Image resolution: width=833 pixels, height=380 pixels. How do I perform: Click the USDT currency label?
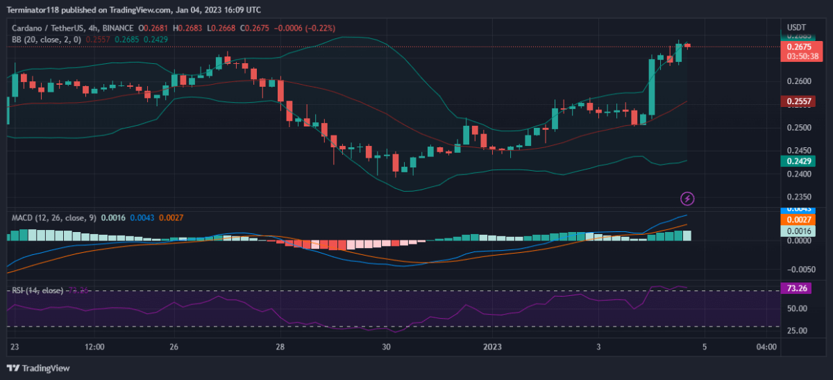[x=795, y=28]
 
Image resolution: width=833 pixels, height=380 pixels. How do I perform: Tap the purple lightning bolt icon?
[x=687, y=199]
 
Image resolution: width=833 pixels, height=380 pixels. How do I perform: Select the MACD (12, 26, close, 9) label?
[x=54, y=218]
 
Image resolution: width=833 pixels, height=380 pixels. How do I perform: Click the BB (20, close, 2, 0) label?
[x=47, y=40]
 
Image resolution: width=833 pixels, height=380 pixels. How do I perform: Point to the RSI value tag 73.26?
[x=795, y=288]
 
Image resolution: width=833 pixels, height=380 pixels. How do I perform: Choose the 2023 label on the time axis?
[x=492, y=346]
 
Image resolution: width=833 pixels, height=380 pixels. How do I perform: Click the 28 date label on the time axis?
[x=280, y=346]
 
